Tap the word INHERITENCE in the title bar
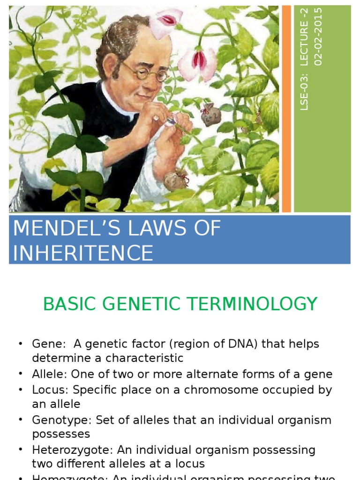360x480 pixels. [x=83, y=253]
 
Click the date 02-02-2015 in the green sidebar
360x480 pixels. [x=319, y=37]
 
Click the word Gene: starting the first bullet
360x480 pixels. [x=49, y=344]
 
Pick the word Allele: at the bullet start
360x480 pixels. [x=49, y=374]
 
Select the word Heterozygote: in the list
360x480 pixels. [x=66, y=450]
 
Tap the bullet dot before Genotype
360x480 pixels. [x=21, y=420]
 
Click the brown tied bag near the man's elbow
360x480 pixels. [x=176, y=180]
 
